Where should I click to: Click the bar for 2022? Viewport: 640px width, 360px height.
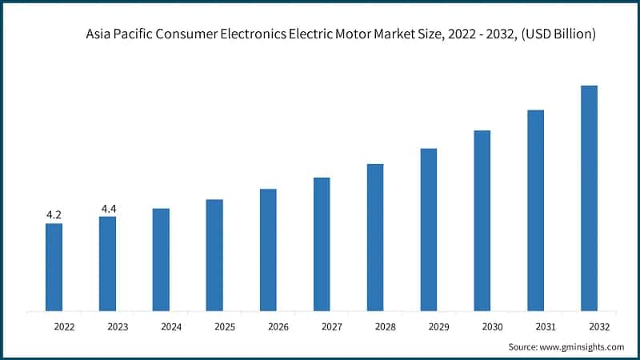pos(54,266)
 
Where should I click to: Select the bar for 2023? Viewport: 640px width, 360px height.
pos(107,263)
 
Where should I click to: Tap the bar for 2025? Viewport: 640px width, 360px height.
pos(214,254)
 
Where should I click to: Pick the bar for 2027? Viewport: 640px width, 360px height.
pos(322,244)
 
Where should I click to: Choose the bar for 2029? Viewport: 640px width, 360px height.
pos(429,230)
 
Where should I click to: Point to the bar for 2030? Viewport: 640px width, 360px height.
pos(482,220)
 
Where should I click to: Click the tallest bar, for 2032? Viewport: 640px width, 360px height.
pos(589,198)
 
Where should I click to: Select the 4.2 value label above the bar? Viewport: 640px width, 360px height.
pos(54,214)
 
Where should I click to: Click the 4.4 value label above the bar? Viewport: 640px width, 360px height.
pos(108,209)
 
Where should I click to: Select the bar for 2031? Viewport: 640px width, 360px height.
pos(535,210)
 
